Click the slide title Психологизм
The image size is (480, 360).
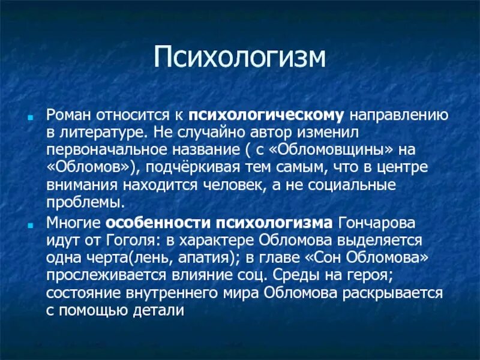coord(240,58)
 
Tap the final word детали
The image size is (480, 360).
coord(158,311)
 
